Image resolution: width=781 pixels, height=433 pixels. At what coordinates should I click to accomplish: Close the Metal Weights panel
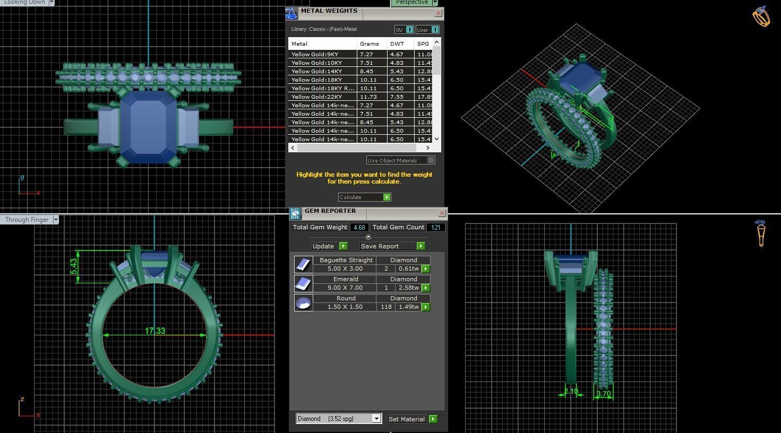(438, 13)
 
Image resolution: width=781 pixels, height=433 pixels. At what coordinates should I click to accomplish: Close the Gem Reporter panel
(442, 213)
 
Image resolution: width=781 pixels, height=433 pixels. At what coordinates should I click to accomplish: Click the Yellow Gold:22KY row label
(316, 97)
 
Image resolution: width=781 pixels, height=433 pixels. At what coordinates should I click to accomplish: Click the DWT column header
(397, 44)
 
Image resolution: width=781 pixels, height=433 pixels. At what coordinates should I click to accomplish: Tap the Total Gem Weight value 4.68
(359, 227)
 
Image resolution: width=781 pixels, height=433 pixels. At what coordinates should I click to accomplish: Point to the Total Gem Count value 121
(436, 227)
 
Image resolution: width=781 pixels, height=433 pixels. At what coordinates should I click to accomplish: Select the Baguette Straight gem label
(346, 260)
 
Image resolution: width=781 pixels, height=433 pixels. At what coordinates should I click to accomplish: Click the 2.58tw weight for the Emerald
(409, 288)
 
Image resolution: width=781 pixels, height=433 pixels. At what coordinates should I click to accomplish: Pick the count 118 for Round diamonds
(386, 307)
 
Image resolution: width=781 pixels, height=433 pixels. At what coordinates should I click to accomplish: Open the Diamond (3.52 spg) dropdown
(376, 419)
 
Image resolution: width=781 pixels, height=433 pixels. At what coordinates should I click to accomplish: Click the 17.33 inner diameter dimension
(155, 331)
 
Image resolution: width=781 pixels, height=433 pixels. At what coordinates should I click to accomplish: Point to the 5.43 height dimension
(74, 266)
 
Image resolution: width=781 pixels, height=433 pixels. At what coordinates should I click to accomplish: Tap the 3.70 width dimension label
(604, 394)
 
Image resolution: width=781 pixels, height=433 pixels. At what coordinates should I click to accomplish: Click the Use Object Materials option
(400, 160)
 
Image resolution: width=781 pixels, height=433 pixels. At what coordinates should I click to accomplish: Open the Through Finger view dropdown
(55, 220)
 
